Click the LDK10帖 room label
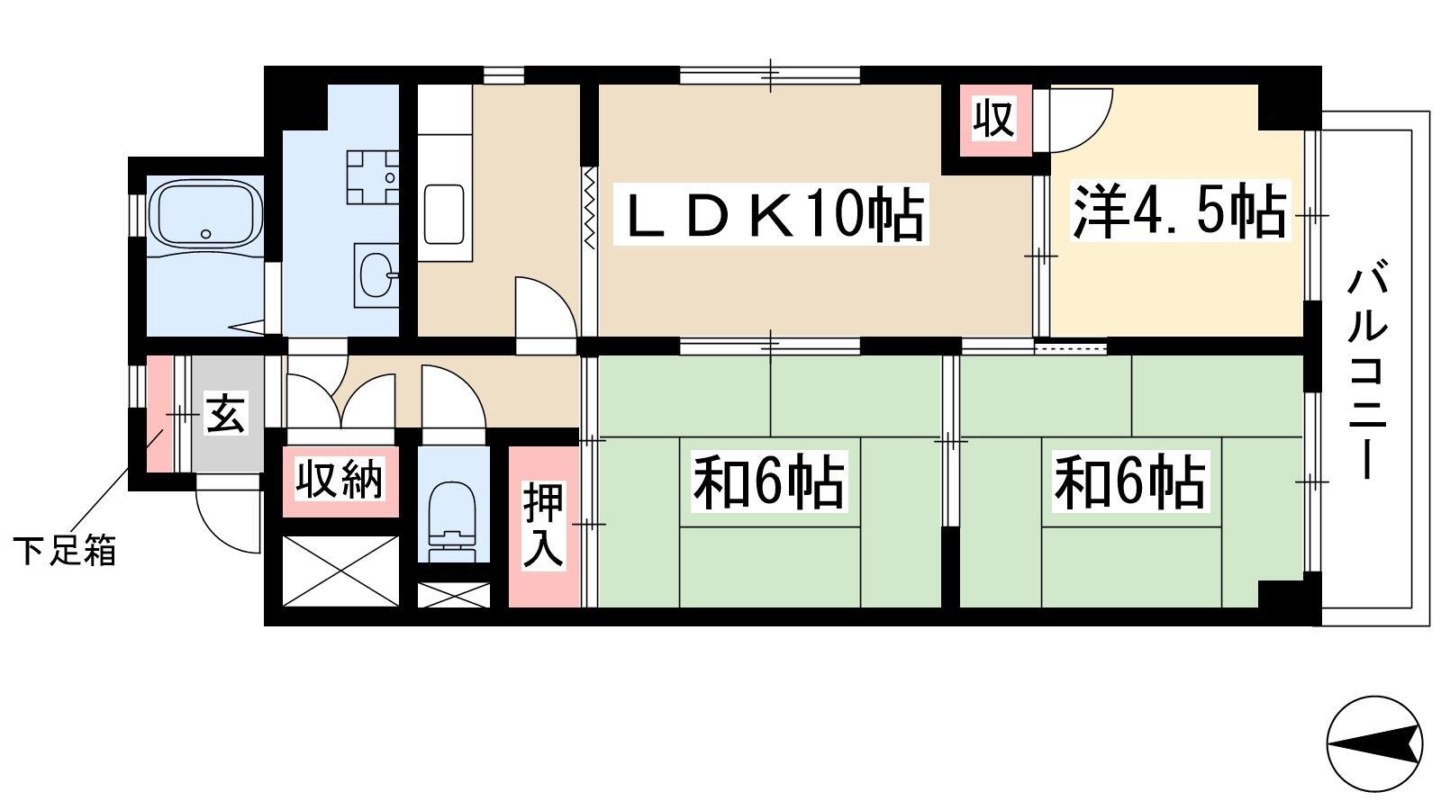[x=771, y=213]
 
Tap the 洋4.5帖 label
[x=1180, y=211]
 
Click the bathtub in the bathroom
[x=205, y=213]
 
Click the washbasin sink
[x=376, y=275]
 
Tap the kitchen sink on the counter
[x=444, y=214]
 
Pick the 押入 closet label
[x=544, y=525]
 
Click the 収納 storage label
[x=339, y=478]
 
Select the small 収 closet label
[x=994, y=118]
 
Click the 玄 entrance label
[x=226, y=414]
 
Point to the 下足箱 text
[x=65, y=551]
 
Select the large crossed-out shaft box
[x=341, y=571]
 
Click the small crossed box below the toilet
[x=454, y=595]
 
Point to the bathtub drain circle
[x=206, y=234]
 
